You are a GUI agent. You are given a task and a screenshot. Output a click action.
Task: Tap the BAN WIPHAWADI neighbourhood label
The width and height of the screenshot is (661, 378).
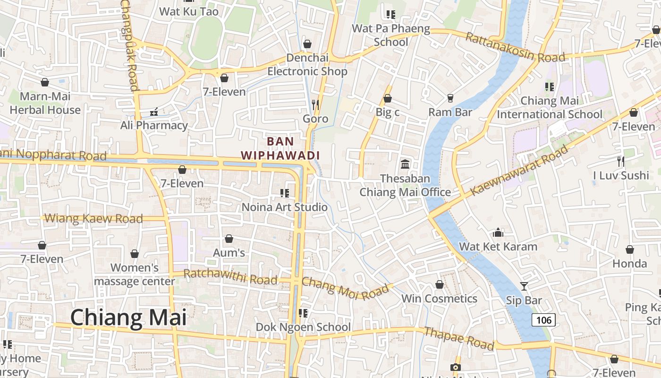point(280,148)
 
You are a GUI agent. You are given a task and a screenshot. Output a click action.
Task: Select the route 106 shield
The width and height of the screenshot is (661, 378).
point(543,320)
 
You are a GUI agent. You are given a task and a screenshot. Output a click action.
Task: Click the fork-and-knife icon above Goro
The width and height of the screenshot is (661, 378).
point(315,104)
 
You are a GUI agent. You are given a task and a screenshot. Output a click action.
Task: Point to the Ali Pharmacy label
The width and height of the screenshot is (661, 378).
point(154,125)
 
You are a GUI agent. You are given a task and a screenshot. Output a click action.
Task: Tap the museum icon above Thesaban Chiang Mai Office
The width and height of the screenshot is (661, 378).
point(405,164)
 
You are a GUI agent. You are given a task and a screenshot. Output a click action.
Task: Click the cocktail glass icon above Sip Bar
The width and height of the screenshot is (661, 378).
point(524,286)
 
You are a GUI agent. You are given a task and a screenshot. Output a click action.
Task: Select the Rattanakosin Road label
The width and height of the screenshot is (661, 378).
point(515,47)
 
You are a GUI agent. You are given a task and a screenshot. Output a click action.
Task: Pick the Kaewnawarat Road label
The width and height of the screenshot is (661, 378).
point(519,170)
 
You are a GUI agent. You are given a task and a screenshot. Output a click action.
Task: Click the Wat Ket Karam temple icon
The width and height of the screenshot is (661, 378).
point(498,232)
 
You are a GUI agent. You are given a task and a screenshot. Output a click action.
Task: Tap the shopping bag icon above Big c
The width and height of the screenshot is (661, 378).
point(388,98)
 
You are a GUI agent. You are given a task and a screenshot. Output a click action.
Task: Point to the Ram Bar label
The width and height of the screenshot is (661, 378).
point(450,112)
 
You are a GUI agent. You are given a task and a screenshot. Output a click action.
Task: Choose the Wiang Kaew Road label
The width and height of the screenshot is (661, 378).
point(93,218)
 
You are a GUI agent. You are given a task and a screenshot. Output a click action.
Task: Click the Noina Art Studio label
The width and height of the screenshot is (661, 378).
point(284,207)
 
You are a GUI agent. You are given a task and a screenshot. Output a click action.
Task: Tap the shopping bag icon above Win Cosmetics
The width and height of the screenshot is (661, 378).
point(440,284)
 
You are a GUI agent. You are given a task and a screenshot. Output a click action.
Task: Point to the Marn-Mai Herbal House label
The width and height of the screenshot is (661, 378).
point(45,103)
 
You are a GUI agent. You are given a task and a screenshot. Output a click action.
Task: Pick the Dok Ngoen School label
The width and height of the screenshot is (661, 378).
point(303,327)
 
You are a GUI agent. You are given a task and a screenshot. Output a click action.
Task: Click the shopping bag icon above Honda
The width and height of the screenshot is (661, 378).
point(630,249)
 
